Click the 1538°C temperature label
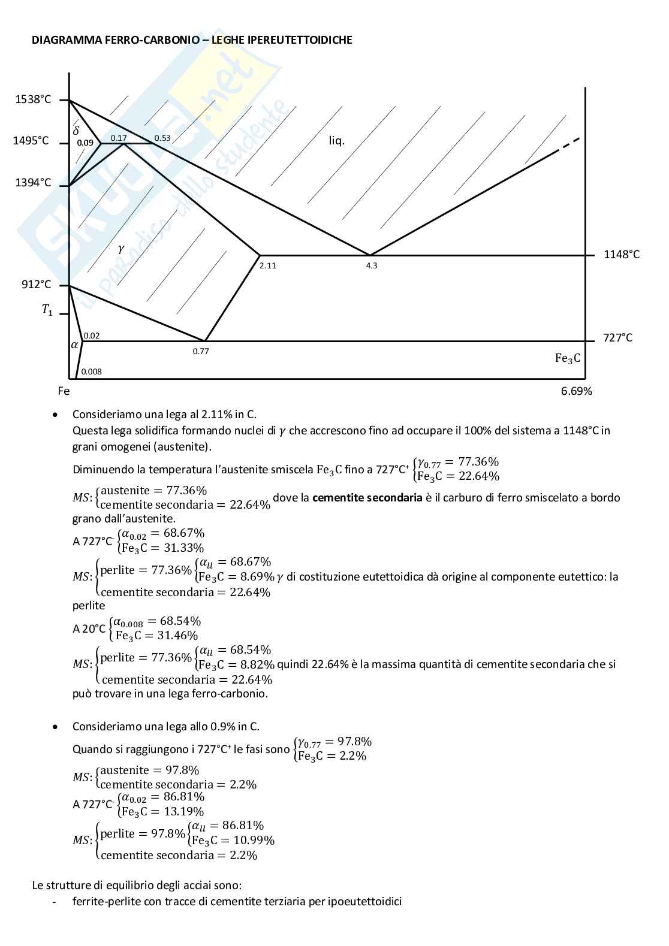click(33, 99)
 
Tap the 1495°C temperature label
click(31, 141)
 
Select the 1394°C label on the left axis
click(33, 183)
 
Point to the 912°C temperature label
click(37, 284)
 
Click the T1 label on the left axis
click(47, 310)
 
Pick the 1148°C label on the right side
click(622, 254)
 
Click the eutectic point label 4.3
click(372, 265)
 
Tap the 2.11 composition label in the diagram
click(267, 265)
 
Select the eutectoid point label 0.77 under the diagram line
click(201, 351)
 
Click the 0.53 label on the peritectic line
click(162, 138)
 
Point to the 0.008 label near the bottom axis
click(91, 371)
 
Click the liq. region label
click(337, 141)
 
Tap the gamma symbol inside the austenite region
click(121, 249)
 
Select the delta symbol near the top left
click(76, 129)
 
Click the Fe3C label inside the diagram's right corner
click(568, 358)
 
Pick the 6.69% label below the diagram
click(577, 391)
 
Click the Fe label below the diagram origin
click(64, 391)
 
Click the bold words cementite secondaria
click(367, 497)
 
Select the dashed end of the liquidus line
click(568, 144)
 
